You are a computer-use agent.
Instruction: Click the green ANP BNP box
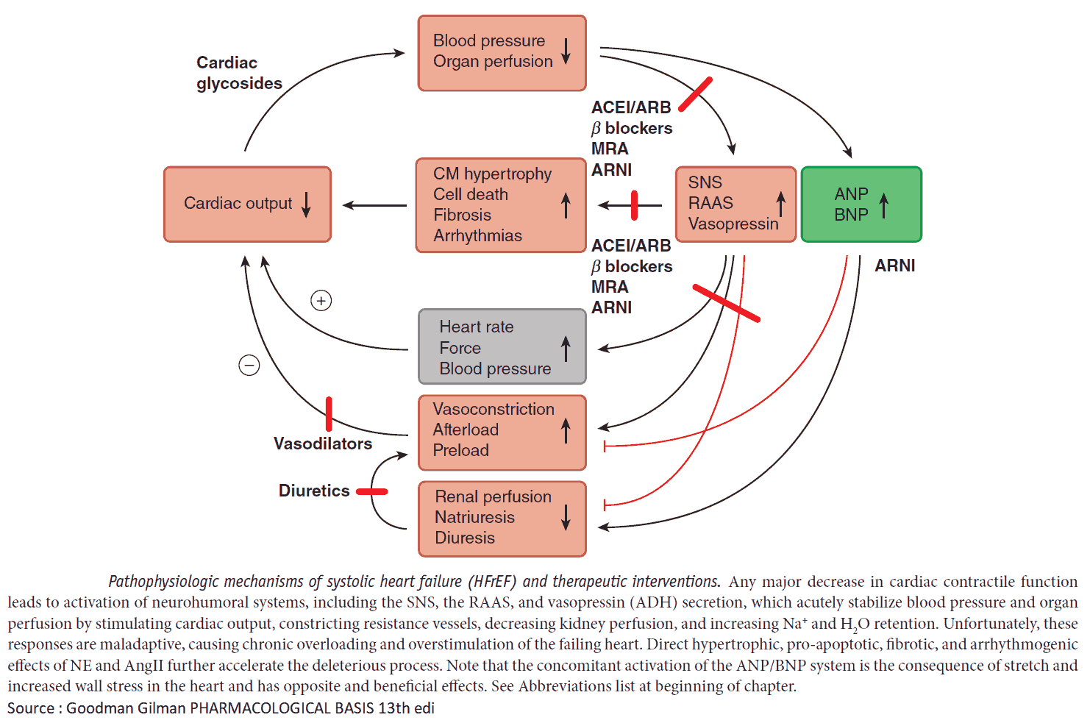coord(861,204)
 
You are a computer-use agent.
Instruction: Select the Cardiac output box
coord(247,204)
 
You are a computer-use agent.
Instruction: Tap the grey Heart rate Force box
coord(502,346)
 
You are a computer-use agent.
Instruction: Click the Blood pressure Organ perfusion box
coord(502,53)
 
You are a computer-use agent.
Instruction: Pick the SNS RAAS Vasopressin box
coord(735,204)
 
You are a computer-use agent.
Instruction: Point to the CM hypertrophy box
coord(500,205)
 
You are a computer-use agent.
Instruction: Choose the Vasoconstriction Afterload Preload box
coord(502,432)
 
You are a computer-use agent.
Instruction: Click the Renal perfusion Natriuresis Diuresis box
coord(502,519)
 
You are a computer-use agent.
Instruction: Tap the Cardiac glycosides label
coord(239,73)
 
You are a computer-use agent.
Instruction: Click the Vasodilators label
coord(323,444)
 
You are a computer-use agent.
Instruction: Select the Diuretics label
coord(314,491)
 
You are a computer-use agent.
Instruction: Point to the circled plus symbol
coord(321,300)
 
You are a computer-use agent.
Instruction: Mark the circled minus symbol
coord(249,365)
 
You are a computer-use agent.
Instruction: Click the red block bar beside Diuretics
coord(372,491)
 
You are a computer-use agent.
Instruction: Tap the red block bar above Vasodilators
coord(329,413)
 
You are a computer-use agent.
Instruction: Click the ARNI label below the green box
coord(894,266)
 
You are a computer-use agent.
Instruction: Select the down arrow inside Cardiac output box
coord(307,204)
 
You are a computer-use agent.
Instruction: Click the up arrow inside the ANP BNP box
coord(884,205)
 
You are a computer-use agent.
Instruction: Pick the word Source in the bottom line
coord(31,708)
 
